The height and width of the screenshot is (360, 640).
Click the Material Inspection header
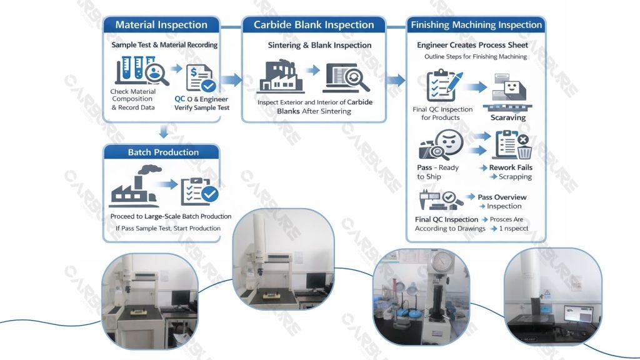[161, 25]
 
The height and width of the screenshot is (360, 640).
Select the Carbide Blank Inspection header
[314, 25]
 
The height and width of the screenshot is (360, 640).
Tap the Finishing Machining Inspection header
[476, 25]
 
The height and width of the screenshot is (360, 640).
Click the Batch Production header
[163, 152]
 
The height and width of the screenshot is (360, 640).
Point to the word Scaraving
[507, 117]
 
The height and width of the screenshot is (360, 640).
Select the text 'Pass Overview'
[502, 197]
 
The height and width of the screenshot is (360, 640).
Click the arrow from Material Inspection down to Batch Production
[163, 132]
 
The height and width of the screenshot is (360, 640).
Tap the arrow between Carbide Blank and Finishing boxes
[396, 80]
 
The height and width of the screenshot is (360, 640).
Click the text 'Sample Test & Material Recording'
[164, 45]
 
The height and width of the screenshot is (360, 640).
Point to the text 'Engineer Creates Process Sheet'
[472, 45]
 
